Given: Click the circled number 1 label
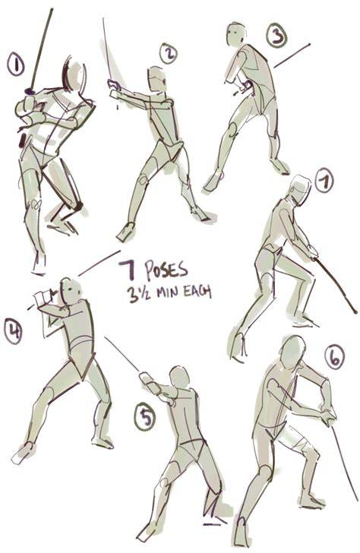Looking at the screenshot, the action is coord(16,65).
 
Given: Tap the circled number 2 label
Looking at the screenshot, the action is coord(169,54).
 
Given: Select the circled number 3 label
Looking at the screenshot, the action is coord(276,36).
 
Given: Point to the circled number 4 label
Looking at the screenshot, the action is coord(13,330).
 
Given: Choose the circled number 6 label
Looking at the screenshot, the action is coord(334,357).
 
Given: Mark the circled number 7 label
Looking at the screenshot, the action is coord(324,180).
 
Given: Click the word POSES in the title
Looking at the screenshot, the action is coord(166,270).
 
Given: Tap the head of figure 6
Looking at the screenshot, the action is coord(292,352).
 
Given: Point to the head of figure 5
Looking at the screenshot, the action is coord(180,378).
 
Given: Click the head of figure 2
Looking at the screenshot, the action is coord(156,79).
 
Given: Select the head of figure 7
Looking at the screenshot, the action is coord(301,190).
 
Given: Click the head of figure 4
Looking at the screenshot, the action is coord(71,291).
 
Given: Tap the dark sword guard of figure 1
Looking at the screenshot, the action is coord(30,92).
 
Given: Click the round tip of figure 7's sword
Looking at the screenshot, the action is coord(355,311).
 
